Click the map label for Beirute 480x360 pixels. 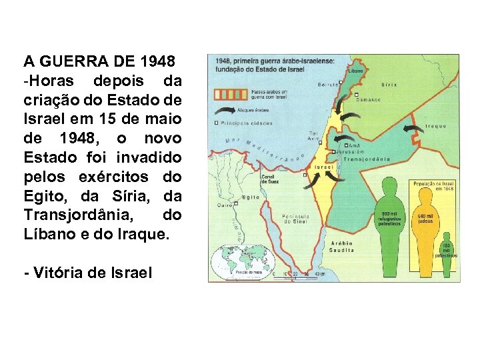click(x=327, y=85)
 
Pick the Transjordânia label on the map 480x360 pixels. click(x=367, y=159)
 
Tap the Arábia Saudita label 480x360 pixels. click(x=342, y=247)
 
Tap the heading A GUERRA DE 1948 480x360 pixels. click(x=99, y=63)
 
